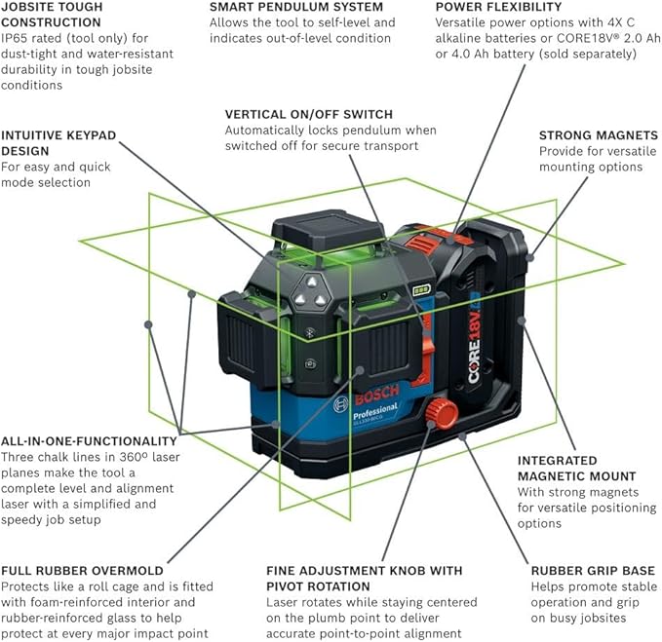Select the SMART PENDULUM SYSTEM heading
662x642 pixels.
click(x=282, y=7)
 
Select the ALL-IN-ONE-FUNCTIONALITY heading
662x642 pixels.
click(x=89, y=440)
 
